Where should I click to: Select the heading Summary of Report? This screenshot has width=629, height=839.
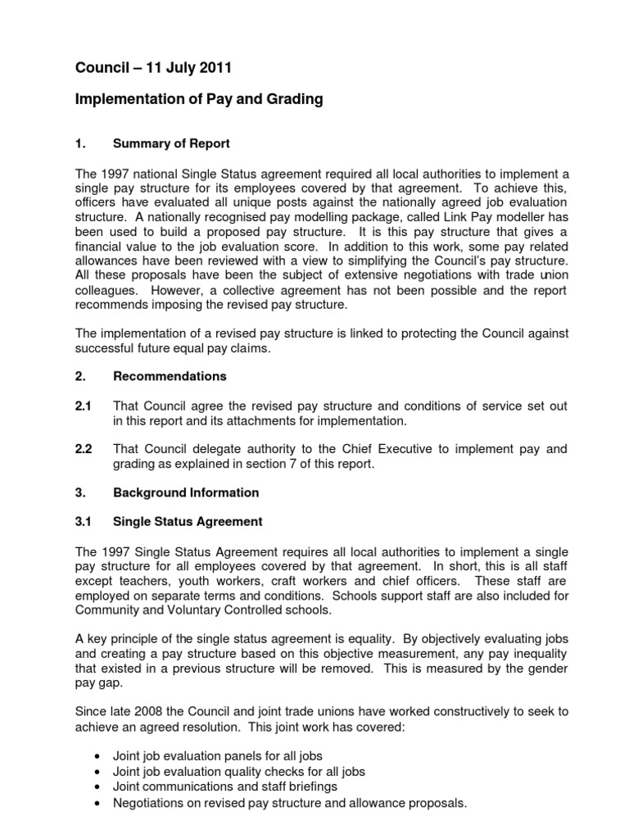click(171, 143)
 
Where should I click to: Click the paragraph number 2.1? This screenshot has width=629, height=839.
click(83, 406)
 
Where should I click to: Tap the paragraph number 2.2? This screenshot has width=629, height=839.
click(83, 449)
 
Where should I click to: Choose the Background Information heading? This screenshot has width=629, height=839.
click(186, 492)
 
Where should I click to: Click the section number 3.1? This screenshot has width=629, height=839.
click(83, 521)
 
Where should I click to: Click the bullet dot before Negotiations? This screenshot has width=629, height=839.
click(98, 804)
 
